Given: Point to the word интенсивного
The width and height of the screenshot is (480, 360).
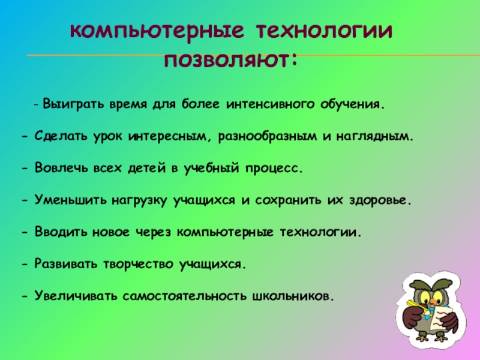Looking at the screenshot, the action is click(271, 104).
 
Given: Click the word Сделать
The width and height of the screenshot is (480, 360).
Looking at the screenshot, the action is click(61, 136).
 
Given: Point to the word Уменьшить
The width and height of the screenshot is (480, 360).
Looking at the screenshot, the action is click(70, 200).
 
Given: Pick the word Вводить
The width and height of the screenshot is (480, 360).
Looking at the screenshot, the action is click(61, 232).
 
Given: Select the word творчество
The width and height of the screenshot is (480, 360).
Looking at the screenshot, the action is click(138, 264).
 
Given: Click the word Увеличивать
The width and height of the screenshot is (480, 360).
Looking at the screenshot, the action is click(76, 296).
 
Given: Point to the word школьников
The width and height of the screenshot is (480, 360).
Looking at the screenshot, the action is click(292, 296).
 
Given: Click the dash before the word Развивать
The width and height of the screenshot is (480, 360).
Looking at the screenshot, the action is click(25, 264).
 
